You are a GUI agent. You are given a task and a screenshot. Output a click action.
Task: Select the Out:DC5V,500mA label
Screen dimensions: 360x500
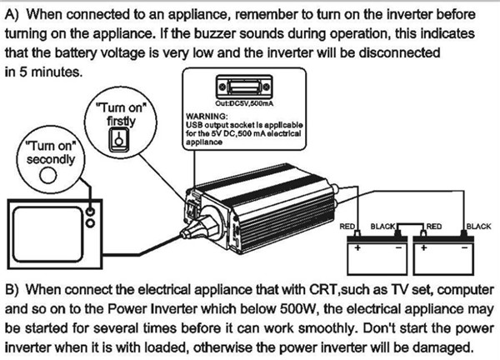pyautogui.click(x=241, y=103)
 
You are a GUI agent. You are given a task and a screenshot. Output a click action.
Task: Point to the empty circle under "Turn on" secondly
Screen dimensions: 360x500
pyautogui.click(x=48, y=174)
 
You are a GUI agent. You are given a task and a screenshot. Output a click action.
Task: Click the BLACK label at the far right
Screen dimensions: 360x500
pyautogui.click(x=478, y=226)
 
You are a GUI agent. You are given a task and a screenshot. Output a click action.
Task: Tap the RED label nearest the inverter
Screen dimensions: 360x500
pyautogui.click(x=348, y=226)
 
